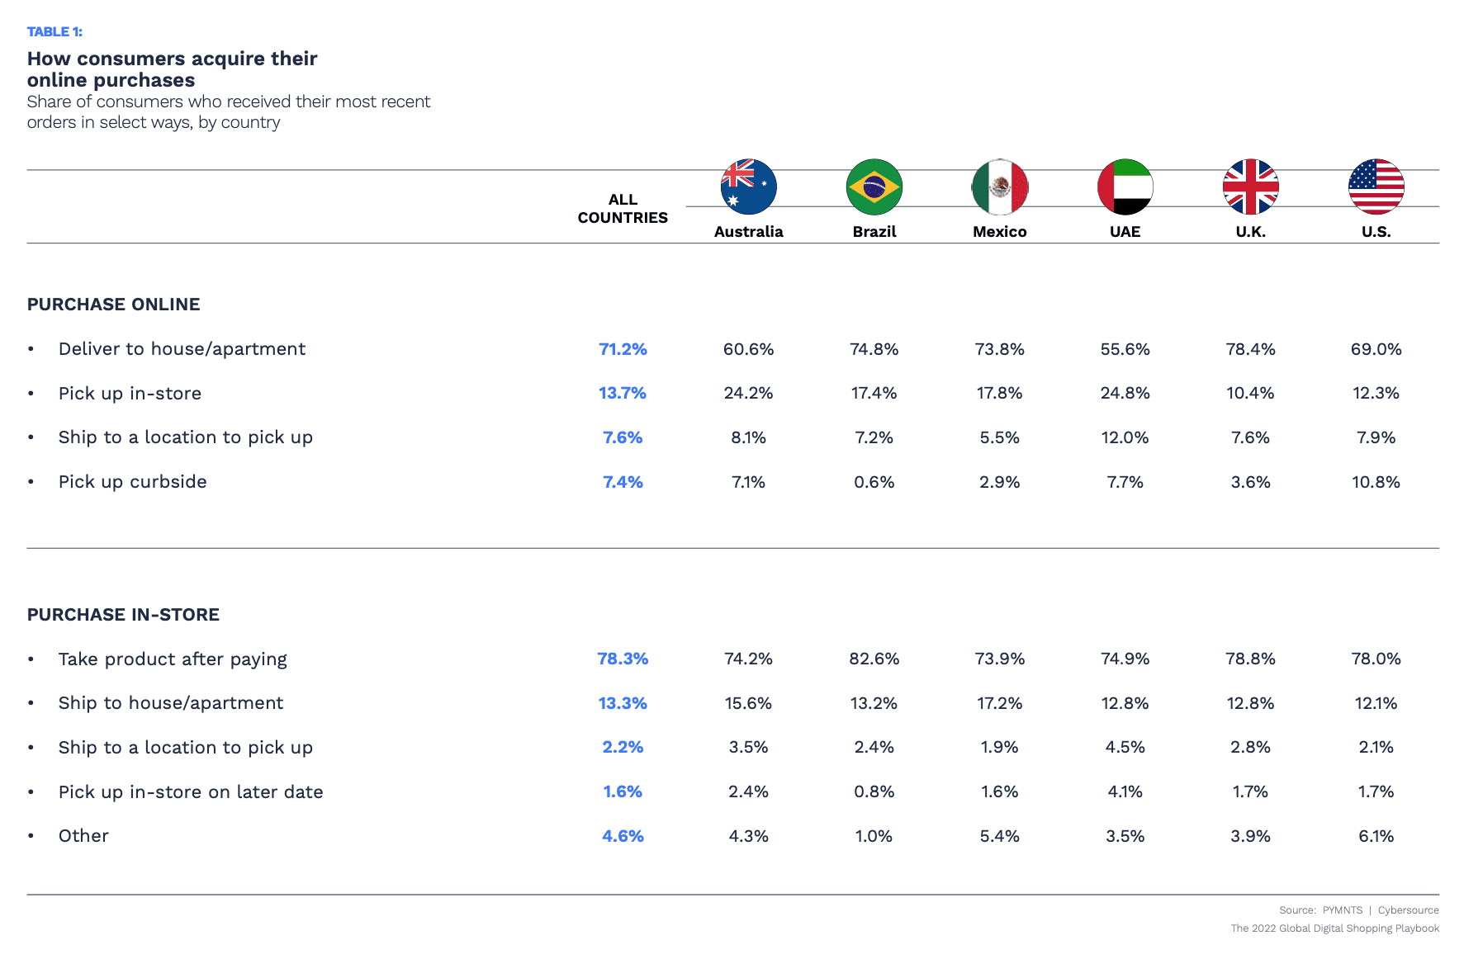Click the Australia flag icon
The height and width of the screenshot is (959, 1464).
[x=748, y=187]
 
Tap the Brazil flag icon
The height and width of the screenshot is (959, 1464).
[x=874, y=187]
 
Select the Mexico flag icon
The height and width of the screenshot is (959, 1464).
[x=999, y=187]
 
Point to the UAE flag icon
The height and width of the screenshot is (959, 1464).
[x=1125, y=187]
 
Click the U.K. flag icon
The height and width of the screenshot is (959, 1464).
[x=1250, y=187]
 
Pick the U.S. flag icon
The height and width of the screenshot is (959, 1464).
[x=1376, y=187]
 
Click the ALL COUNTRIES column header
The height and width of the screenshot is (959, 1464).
[x=623, y=209]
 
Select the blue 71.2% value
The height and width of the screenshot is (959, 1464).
[x=623, y=349]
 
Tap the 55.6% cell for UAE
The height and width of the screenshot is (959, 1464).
[x=1125, y=349]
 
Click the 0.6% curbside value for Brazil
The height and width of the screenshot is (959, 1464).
[x=874, y=482]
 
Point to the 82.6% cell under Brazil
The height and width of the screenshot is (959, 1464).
[x=874, y=659]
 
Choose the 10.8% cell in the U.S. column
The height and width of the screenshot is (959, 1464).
[x=1376, y=482]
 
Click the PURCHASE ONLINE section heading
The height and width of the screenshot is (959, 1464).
[x=113, y=305]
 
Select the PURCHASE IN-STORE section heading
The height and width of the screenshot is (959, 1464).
[x=123, y=615]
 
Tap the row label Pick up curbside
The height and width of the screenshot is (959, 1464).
[x=132, y=482]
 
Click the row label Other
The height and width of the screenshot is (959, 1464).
[x=83, y=836]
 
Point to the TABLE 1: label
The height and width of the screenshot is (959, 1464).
[x=54, y=31]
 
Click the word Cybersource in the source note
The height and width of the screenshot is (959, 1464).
[x=1408, y=910]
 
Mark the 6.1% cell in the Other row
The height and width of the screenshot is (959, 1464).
[x=1376, y=836]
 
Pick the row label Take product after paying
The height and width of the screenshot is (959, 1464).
[x=173, y=659]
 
